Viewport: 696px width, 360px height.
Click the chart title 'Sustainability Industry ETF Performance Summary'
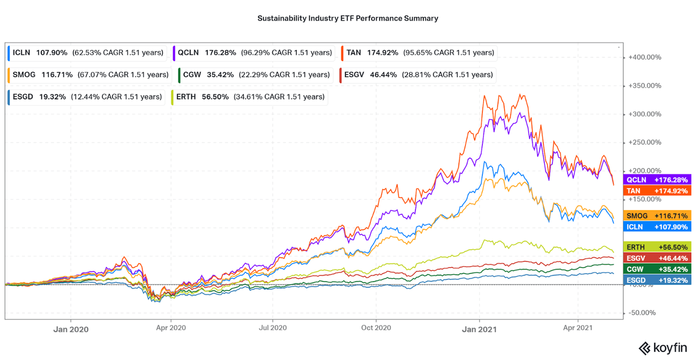[x=347, y=18]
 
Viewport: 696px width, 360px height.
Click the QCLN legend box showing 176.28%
[x=253, y=53]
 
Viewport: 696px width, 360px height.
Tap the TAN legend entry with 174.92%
[x=418, y=53]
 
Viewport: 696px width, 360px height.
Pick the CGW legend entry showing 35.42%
[x=254, y=75]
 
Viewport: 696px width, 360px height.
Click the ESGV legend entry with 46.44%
[x=417, y=75]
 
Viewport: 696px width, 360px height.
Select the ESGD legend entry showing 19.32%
[x=85, y=97]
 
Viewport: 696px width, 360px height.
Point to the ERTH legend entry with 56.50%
[x=250, y=97]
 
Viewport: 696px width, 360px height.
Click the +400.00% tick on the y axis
[x=644, y=57]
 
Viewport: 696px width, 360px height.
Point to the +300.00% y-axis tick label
[x=644, y=114]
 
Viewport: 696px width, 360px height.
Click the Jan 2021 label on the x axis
[x=480, y=328]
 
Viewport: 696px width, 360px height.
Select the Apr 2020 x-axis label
[x=171, y=328]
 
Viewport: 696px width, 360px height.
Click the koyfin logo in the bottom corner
[x=662, y=347]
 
